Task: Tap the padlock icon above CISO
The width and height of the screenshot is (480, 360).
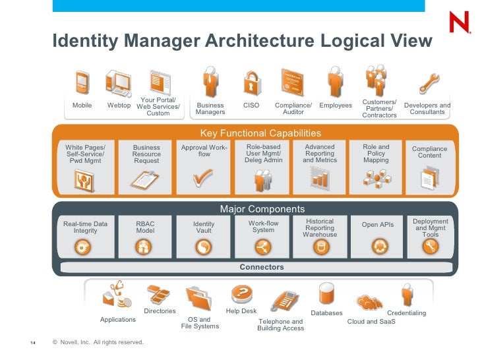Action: pos(251,84)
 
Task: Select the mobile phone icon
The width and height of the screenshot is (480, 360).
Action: pos(82,82)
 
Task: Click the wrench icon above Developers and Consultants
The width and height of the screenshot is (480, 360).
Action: pos(428,83)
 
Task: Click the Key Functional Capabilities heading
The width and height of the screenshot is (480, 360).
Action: pos(260,133)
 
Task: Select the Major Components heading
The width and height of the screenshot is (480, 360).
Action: pos(262,209)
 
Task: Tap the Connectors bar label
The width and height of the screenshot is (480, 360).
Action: pos(262,267)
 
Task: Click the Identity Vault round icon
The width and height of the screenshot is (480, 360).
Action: pos(204,247)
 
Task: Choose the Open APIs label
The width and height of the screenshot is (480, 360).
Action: pos(378,225)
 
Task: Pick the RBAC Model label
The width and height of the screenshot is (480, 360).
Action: pos(145,227)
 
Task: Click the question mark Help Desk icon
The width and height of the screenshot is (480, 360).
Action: pos(241,293)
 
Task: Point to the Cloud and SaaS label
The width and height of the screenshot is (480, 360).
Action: pos(371,322)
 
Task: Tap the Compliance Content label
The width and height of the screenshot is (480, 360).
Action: pos(429,152)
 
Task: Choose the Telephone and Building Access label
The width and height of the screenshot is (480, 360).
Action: pos(280,325)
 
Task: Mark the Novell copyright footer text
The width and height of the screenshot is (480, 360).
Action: pos(98,342)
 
